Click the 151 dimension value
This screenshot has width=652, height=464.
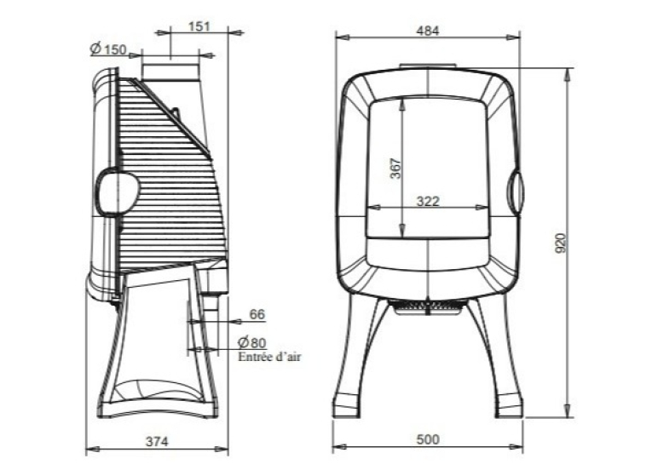click(x=199, y=26)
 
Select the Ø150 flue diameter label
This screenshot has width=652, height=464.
click(x=107, y=49)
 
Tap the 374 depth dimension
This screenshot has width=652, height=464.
click(x=157, y=442)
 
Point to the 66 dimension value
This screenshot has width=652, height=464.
click(x=257, y=314)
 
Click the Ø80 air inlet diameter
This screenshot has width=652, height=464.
click(x=251, y=343)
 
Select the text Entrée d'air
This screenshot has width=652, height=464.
click(x=268, y=357)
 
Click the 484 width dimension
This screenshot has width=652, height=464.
click(x=428, y=31)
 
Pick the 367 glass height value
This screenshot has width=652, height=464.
click(x=396, y=169)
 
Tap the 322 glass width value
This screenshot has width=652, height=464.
click(x=428, y=201)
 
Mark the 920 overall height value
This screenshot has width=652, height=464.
click(x=561, y=243)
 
